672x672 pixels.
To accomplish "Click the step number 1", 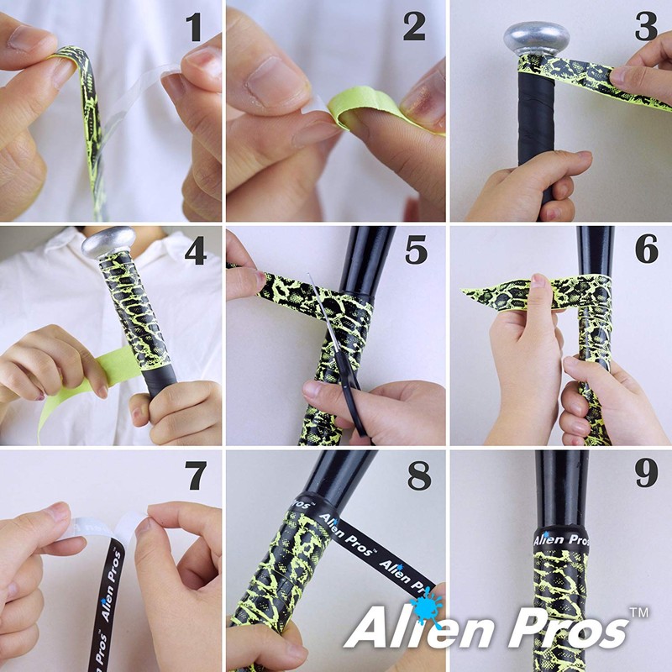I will pos(194,27).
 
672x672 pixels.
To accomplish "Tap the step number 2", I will pos(414,27).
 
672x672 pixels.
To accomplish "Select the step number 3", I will pos(645,27).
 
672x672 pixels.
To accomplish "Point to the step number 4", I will pos(194,251).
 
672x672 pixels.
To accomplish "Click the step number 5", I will pos(416,251).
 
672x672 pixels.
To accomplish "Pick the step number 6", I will pos(645,251).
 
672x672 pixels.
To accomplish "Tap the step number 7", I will pos(194,476).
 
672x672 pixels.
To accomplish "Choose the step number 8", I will pos(417,476).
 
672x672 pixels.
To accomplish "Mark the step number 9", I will pos(645,476).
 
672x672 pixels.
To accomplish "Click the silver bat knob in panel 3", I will pos(535,38).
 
